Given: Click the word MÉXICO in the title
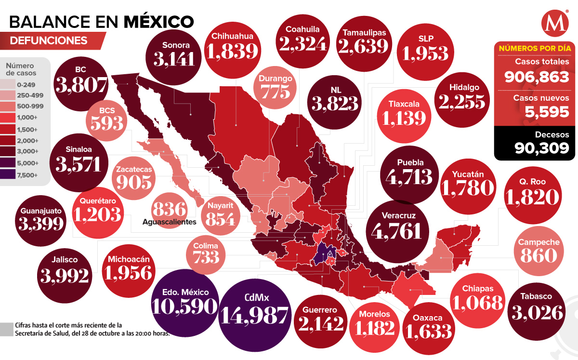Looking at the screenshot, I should [159, 22].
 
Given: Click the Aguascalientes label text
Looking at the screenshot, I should [170, 222].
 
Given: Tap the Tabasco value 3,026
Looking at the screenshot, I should [539, 312].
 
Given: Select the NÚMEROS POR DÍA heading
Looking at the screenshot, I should [535, 48].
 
